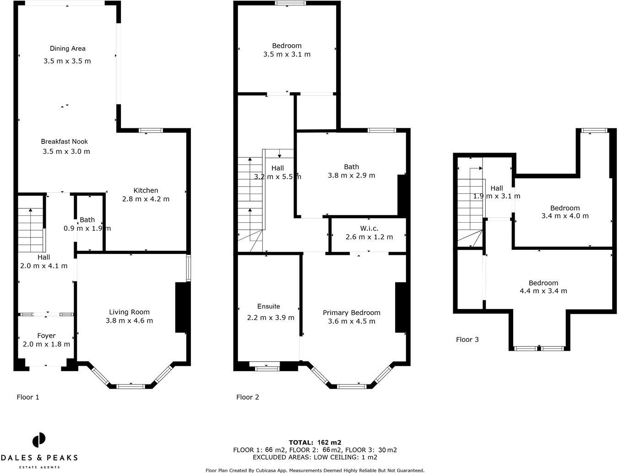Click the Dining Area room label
click(x=67, y=48)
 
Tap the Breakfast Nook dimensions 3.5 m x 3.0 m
click(x=66, y=151)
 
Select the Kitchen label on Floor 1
click(x=146, y=190)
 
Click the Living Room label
click(x=129, y=312)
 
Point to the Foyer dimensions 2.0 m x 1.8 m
click(x=46, y=344)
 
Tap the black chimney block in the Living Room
click(x=181, y=307)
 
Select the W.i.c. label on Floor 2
click(x=369, y=228)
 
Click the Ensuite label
click(x=268, y=306)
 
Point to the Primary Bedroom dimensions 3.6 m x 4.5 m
click(x=352, y=321)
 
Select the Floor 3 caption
click(x=467, y=339)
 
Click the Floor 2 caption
click(x=247, y=397)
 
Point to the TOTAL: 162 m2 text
click(x=315, y=442)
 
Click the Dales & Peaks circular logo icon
click(x=39, y=440)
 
